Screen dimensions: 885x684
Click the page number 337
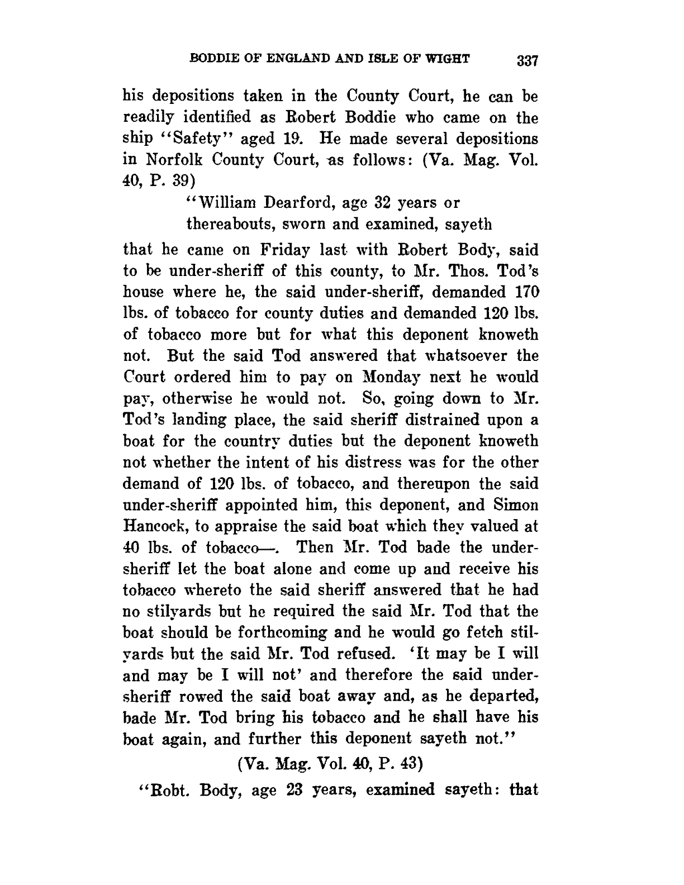tap(527, 60)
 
